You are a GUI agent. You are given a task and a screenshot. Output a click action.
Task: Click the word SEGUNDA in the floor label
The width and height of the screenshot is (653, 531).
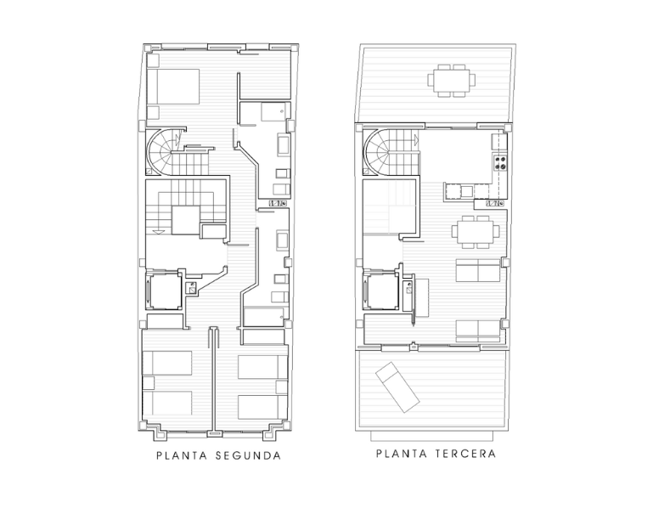click(248, 455)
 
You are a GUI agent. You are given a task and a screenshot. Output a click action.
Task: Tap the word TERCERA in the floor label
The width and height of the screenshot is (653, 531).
click(465, 454)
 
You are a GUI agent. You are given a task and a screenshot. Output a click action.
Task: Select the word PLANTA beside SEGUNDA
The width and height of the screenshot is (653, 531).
click(182, 455)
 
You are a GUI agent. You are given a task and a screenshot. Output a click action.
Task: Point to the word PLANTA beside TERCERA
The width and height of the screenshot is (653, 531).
click(402, 454)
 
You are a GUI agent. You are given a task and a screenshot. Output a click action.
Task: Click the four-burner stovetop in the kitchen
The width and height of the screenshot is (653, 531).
click(500, 162)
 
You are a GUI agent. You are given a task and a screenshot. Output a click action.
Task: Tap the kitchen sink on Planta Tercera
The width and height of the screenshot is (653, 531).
click(466, 191)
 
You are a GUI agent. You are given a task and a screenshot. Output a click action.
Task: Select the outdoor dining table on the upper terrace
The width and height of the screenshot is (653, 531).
click(452, 80)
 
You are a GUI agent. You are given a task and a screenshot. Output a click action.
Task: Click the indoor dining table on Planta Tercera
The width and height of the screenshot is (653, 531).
click(476, 231)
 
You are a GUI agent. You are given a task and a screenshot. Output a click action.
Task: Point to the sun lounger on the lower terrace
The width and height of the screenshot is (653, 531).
click(397, 387)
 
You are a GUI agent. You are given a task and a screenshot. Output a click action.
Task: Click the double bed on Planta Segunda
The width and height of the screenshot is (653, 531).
click(174, 87)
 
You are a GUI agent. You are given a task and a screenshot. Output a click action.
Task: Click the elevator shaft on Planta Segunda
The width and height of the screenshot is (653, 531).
click(165, 291)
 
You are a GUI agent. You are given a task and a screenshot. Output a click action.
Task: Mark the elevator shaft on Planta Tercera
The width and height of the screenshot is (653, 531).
click(381, 291)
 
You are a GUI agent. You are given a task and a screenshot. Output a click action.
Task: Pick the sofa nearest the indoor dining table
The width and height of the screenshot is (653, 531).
click(478, 270)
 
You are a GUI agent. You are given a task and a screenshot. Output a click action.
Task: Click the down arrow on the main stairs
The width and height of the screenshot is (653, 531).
click(159, 231)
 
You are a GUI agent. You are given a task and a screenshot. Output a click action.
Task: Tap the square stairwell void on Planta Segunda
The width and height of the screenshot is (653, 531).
click(186, 220)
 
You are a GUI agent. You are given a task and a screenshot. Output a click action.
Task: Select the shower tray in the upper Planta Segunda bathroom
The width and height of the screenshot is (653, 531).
click(275, 111)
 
